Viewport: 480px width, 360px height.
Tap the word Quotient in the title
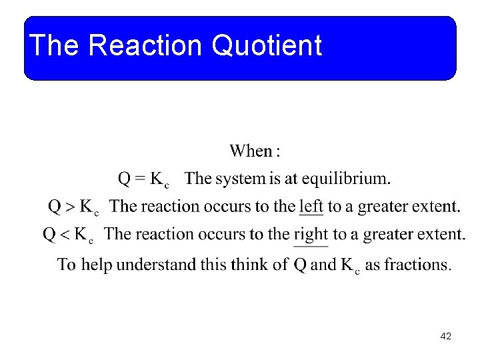point(267,46)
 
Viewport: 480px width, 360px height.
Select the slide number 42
point(446,337)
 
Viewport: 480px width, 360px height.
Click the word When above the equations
point(251,151)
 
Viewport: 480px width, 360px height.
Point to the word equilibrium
point(347,179)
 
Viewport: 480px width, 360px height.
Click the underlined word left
point(311,206)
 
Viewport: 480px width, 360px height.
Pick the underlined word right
point(311,234)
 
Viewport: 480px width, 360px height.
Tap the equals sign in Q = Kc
point(140,179)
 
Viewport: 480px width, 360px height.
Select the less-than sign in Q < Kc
point(65,234)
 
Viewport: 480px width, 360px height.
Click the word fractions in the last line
point(417,264)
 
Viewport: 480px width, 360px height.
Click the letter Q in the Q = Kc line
point(125,179)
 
